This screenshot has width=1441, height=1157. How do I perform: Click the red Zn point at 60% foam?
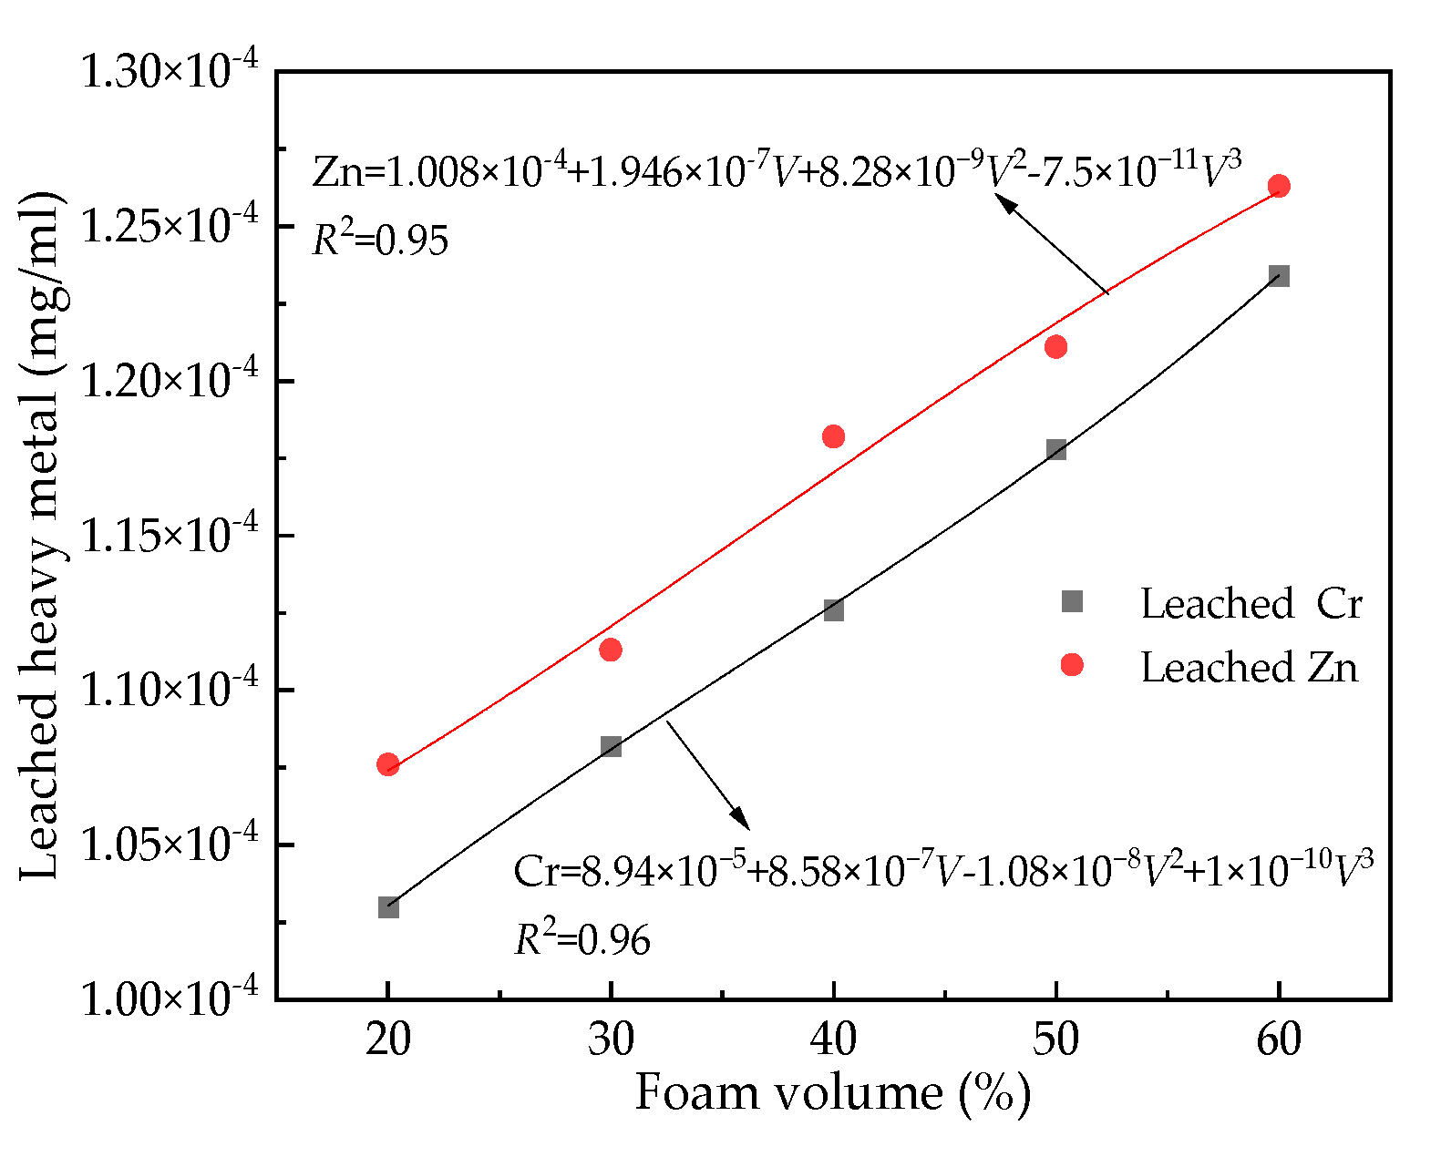click(x=1279, y=186)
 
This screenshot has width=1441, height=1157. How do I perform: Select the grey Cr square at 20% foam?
click(x=388, y=907)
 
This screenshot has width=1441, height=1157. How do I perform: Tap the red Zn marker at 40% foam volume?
click(x=833, y=436)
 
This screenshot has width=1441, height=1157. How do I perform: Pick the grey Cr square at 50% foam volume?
click(x=1056, y=449)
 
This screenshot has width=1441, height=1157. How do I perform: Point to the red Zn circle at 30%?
click(x=611, y=650)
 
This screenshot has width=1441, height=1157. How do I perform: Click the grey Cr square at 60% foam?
click(x=1279, y=276)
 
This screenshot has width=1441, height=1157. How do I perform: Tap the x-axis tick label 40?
click(x=833, y=1039)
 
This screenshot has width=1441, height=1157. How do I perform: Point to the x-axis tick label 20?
click(x=388, y=1039)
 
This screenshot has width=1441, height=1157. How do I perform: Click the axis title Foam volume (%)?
click(x=832, y=1092)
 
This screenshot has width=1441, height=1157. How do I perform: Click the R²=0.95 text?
click(x=380, y=240)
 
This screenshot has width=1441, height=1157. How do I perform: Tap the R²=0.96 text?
click(x=582, y=938)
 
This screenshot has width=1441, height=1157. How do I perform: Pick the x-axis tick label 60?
click(x=1279, y=1039)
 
